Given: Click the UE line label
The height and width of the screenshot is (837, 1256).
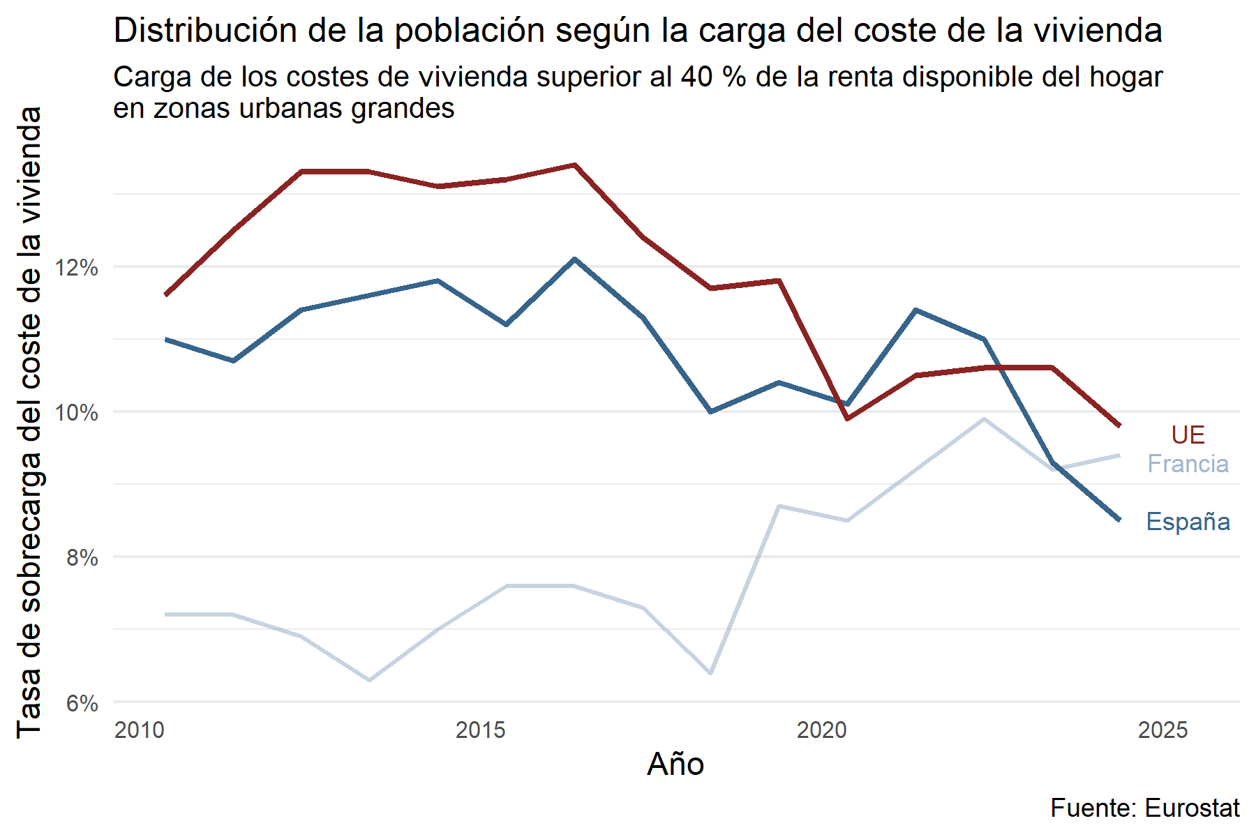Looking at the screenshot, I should [x=1188, y=435].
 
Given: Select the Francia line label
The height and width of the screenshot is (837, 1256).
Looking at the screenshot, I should [x=1188, y=464].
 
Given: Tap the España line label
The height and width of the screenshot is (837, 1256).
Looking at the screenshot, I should [x=1188, y=522].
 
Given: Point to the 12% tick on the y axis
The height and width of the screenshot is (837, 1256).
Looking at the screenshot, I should [x=77, y=267].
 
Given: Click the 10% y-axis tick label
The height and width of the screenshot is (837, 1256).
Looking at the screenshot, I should [x=77, y=412].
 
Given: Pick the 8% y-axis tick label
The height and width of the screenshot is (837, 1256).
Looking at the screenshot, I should [x=82, y=557].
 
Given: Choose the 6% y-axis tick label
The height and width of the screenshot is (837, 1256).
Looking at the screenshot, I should [x=82, y=703].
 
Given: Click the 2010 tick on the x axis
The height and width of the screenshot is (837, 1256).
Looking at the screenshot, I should [x=140, y=730].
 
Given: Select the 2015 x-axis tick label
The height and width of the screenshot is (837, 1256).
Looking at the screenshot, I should [x=480, y=730].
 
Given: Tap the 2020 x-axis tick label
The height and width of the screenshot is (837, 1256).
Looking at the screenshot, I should [x=821, y=730].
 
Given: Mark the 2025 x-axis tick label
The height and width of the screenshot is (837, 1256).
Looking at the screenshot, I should [x=1162, y=730].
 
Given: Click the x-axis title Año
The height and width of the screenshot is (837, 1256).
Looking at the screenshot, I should [x=675, y=764].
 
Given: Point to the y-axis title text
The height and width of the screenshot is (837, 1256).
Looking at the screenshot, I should [x=29, y=422].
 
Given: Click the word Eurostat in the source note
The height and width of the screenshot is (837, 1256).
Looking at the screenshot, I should [x=1192, y=808].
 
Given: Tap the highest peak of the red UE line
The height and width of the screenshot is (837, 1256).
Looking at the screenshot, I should [x=574, y=165].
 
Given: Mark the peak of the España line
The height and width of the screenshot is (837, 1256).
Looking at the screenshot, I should [x=574, y=259].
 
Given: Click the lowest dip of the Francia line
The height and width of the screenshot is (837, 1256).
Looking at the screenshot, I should [x=369, y=680].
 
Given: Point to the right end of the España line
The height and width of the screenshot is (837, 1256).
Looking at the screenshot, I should [x=1119, y=520].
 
